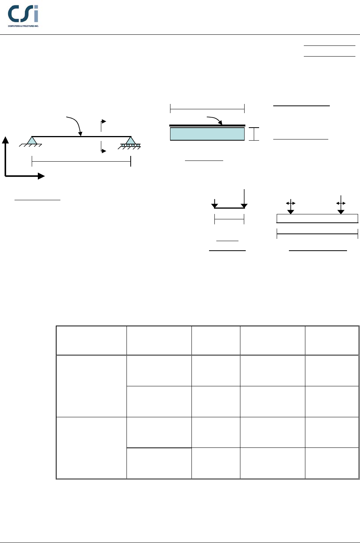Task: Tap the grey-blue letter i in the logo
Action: pyautogui.click(x=36, y=15)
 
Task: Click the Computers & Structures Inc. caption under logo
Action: pyautogui.click(x=23, y=26)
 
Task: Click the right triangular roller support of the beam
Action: pyautogui.click(x=131, y=141)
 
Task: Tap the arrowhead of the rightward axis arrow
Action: pyautogui.click(x=41, y=176)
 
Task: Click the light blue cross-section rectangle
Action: pyautogui.click(x=207, y=134)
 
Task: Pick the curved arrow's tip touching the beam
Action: pyautogui.click(x=80, y=134)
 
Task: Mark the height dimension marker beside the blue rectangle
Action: pyautogui.click(x=254, y=134)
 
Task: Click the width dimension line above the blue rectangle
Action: pyautogui.click(x=207, y=109)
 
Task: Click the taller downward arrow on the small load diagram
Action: pyautogui.click(x=244, y=199)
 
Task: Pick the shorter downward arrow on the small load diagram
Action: pyautogui.click(x=215, y=203)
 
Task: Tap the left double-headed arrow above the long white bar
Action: pyautogui.click(x=291, y=203)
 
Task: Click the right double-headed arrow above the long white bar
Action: pyautogui.click(x=341, y=203)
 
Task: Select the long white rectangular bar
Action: pyautogui.click(x=317, y=218)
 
